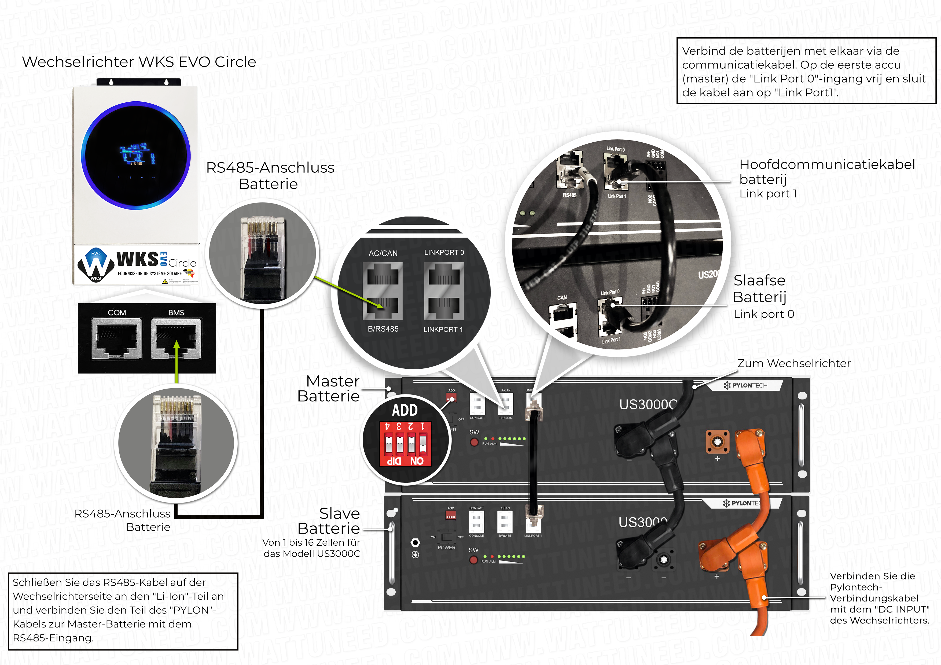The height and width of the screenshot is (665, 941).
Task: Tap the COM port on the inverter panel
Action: (x=117, y=338)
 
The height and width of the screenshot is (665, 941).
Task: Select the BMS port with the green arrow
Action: (x=176, y=338)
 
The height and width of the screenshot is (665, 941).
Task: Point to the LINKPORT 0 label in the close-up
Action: (x=444, y=252)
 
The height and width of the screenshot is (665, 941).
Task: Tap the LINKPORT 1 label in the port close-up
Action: (x=443, y=330)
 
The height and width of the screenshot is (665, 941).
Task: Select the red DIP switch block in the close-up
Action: (x=405, y=444)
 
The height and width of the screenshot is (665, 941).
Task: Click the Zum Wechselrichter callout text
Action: (x=793, y=363)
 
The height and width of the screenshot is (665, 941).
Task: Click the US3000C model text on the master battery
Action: (x=648, y=404)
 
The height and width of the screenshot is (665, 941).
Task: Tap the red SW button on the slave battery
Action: (x=473, y=560)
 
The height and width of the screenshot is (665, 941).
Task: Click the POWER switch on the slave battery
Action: (x=446, y=537)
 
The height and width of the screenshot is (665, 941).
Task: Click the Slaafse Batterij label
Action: (x=759, y=289)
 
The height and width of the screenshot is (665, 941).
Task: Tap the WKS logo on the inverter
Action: (x=137, y=259)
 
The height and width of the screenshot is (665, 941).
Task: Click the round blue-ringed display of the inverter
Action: (x=136, y=156)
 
